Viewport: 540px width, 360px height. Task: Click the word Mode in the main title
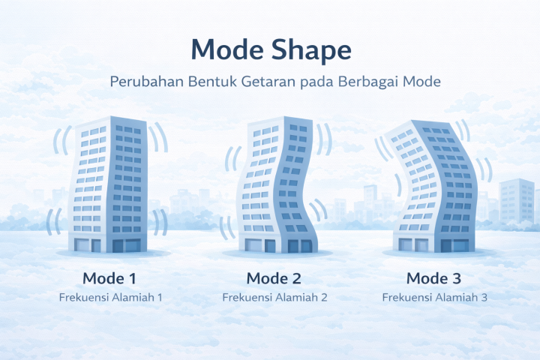(226, 49)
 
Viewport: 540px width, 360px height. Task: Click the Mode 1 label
(109, 278)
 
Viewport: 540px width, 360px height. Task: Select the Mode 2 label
(274, 278)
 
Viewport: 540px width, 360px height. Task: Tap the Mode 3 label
(434, 278)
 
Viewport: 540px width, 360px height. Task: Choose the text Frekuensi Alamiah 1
(110, 297)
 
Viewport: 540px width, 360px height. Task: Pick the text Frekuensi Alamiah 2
(274, 297)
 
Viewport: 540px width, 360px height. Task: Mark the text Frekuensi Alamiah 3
(435, 297)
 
